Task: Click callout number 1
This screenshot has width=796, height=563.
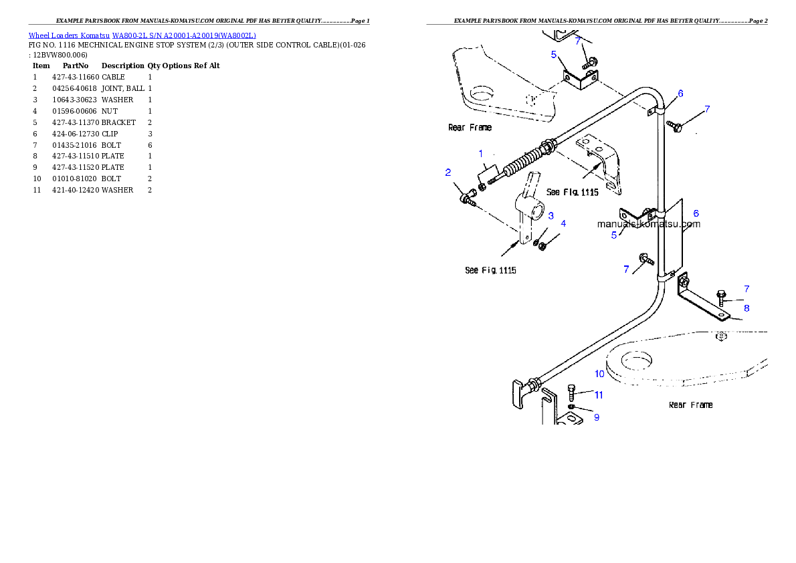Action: pos(480,154)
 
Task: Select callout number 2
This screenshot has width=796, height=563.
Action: pos(448,173)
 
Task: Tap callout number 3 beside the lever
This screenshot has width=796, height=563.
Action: pos(551,215)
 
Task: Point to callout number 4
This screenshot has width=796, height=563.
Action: pos(563,223)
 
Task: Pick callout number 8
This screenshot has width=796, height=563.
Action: pos(747,308)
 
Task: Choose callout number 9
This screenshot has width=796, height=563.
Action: pos(596,417)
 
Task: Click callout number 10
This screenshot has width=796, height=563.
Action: pos(599,374)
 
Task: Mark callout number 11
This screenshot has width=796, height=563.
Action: pos(599,395)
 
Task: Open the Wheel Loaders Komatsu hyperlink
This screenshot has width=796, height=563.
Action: pos(142,35)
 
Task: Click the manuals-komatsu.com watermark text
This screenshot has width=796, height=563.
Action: pos(648,224)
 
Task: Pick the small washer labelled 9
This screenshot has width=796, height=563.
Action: pos(571,407)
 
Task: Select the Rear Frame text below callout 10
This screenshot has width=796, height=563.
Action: pos(690,405)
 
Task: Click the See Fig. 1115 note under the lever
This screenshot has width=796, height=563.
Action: pos(490,271)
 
